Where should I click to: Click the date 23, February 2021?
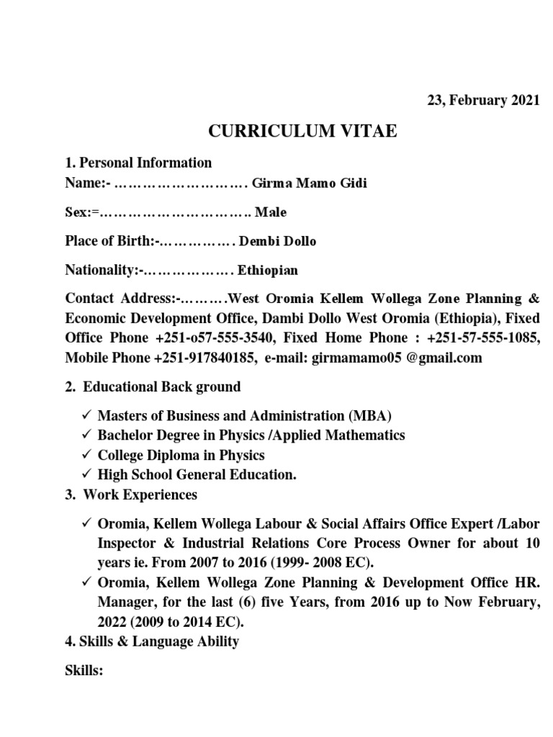(482, 101)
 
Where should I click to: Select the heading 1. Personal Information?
(138, 163)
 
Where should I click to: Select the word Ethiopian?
(262, 271)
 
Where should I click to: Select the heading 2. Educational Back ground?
(153, 387)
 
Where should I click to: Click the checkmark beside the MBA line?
(85, 416)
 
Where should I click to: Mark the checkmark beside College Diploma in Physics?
(85, 455)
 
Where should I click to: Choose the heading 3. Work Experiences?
(130, 494)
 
